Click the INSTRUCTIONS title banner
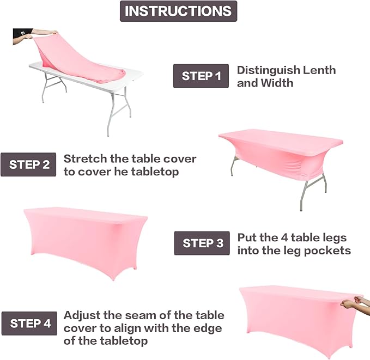point(178,11)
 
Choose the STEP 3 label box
point(202,243)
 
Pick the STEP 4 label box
point(29,323)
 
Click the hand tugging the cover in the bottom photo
point(353,302)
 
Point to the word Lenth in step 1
point(319,70)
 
